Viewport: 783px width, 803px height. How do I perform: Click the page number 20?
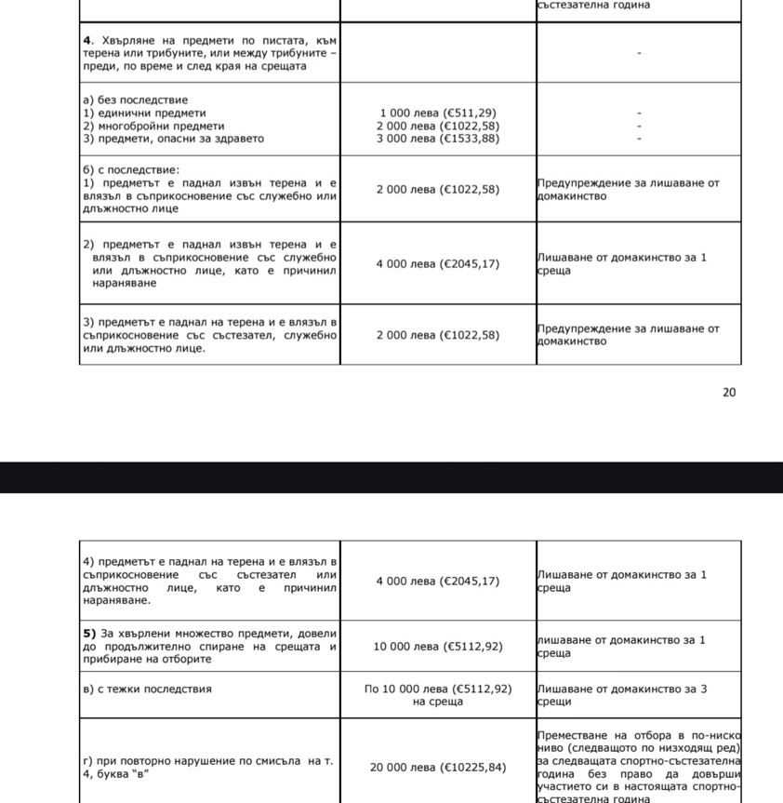[729, 393]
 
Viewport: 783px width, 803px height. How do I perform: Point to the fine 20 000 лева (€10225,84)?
[438, 768]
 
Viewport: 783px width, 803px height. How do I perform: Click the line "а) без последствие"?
[136, 100]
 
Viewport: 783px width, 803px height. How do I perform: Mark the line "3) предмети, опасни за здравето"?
[173, 139]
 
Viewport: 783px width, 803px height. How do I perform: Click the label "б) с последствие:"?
[131, 171]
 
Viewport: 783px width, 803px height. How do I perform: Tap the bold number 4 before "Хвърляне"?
[86, 41]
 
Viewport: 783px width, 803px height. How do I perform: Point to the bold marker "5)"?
[90, 634]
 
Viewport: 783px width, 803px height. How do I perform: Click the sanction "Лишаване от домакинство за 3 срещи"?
[621, 695]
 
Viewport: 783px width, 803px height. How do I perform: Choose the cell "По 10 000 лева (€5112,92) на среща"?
[438, 695]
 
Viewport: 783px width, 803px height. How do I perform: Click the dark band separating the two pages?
[391, 477]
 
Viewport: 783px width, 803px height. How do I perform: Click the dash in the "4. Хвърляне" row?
[639, 54]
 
